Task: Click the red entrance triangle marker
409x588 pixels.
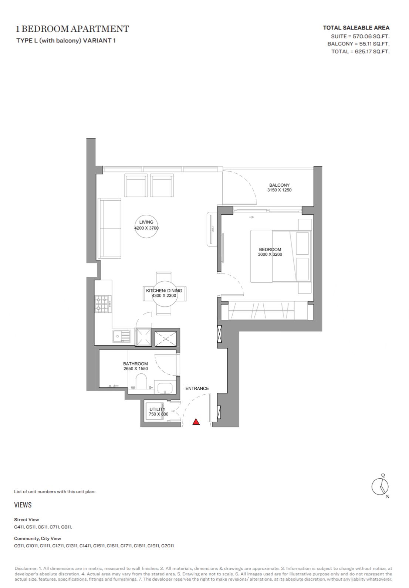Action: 196,422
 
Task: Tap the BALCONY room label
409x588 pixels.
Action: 279,185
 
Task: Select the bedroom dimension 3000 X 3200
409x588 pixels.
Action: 270,254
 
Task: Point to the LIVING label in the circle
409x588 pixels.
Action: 146,222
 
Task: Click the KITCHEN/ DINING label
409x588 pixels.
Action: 164,290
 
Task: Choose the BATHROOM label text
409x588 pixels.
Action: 136,364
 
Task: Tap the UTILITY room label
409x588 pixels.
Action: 157,409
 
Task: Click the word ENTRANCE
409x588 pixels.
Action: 197,388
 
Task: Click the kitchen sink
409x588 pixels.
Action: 121,336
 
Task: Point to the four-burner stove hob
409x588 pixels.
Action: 103,304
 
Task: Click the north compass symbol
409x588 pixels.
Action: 380,486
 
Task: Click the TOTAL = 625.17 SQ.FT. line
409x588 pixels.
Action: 360,51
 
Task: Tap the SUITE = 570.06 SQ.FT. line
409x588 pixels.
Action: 360,36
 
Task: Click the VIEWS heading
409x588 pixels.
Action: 23,505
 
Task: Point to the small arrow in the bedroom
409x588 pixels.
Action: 251,217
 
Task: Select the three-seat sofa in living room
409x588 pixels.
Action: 109,228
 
